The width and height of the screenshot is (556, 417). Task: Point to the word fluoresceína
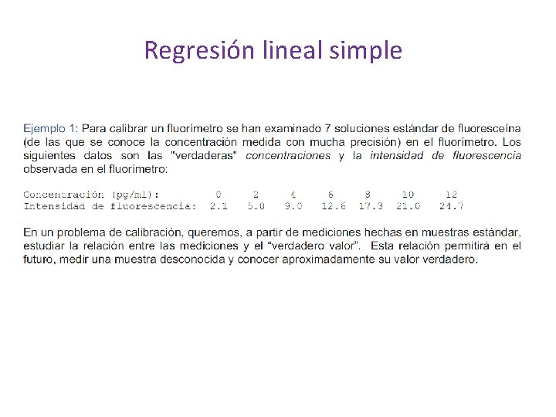[489, 128]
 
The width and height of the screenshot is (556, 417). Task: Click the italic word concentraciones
[287, 156]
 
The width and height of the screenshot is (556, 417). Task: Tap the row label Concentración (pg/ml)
[91, 195]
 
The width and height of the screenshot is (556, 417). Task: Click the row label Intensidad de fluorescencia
[109, 206]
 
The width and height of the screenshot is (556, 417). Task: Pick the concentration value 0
[219, 195]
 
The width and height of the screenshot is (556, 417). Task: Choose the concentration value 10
[408, 195]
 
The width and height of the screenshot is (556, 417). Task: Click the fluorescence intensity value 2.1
[219, 206]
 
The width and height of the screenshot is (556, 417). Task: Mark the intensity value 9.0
[293, 206]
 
